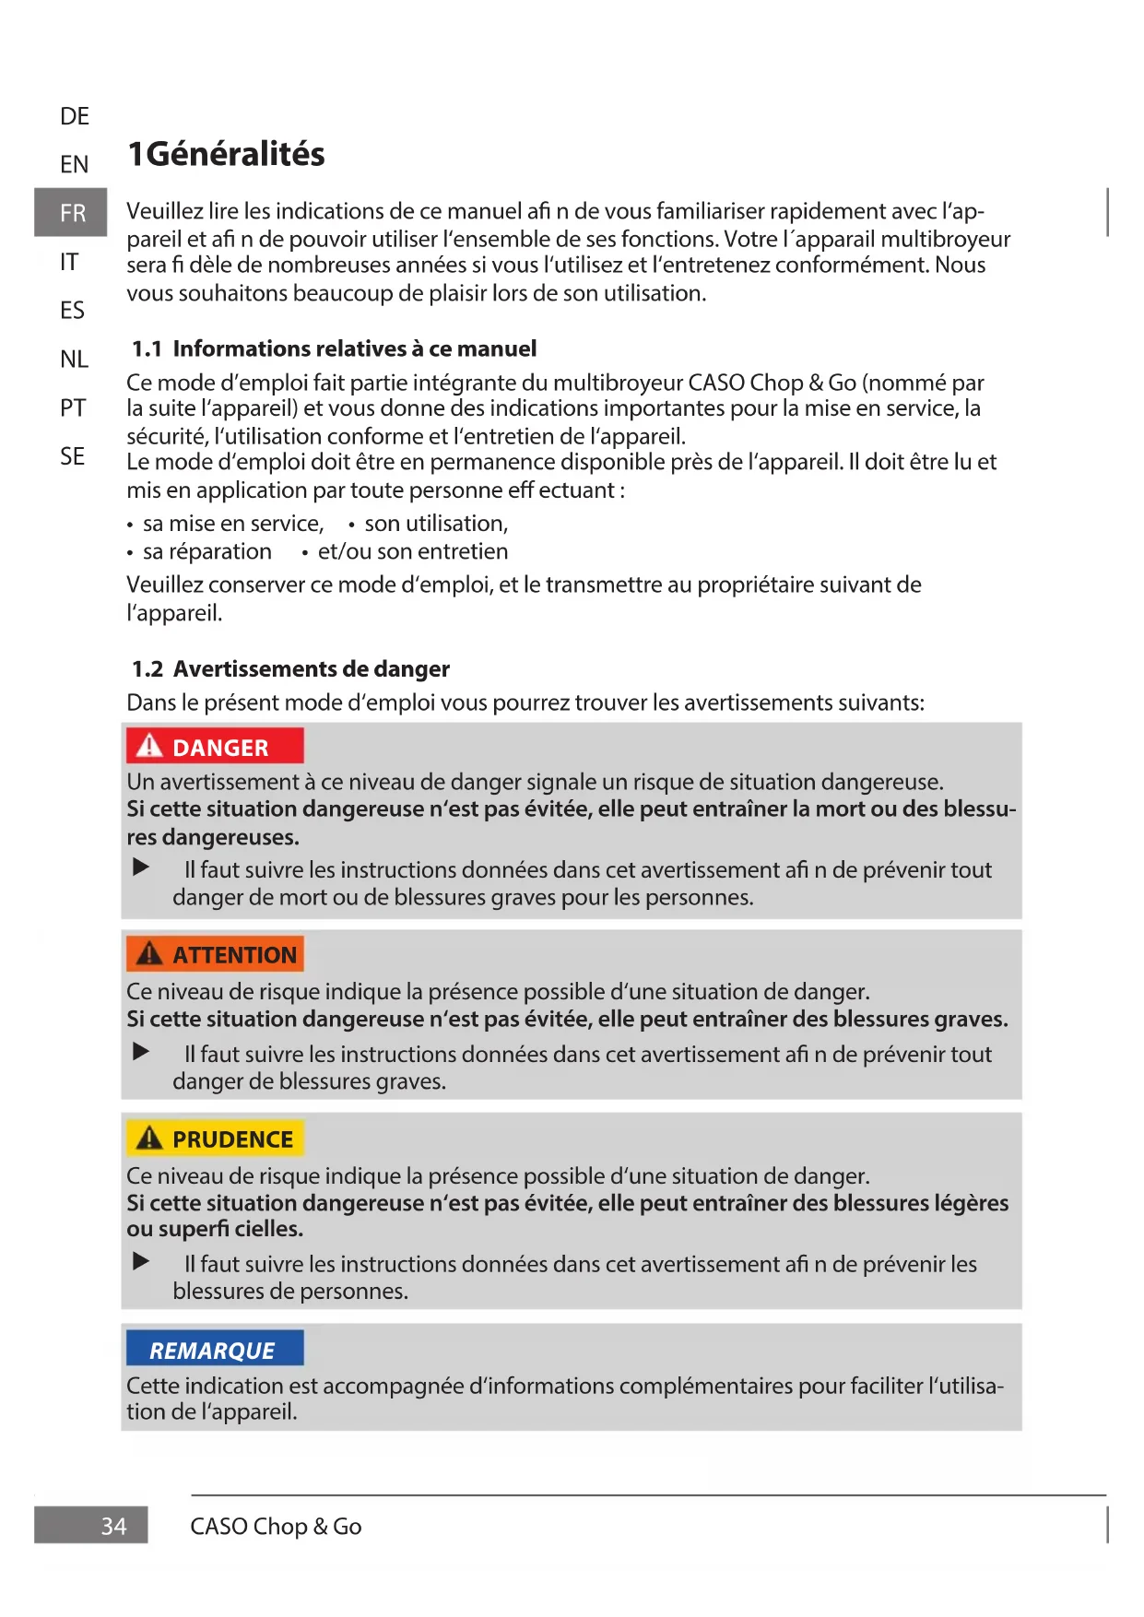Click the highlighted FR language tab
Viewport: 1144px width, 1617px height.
point(71,213)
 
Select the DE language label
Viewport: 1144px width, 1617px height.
point(75,116)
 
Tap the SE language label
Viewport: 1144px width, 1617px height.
point(73,456)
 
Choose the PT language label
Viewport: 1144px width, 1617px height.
point(74,407)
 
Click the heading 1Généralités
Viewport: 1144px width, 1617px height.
point(226,154)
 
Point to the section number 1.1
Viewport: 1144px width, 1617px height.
point(147,349)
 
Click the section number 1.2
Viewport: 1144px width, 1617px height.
point(147,669)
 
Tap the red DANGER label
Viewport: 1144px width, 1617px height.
point(215,747)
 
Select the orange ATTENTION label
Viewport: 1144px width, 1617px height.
point(215,955)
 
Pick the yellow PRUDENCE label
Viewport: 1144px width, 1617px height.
point(215,1139)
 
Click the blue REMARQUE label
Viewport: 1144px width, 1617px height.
point(214,1351)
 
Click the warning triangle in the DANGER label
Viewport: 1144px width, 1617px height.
point(149,746)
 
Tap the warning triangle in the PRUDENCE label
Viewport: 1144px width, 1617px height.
point(149,1139)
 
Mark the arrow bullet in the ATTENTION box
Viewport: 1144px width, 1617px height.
point(141,1052)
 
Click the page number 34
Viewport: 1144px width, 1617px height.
point(113,1527)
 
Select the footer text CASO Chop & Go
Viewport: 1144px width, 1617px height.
point(276,1527)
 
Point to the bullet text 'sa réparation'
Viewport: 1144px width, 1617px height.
point(207,552)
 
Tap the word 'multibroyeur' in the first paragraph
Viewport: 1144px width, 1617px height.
point(945,240)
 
